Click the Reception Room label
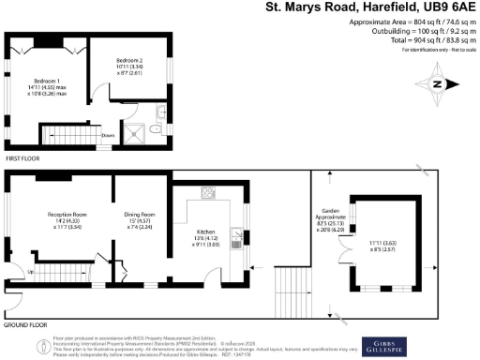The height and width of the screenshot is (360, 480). coord(66,216)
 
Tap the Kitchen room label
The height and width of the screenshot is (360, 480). coord(205,231)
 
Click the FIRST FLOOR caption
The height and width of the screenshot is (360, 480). coord(23,159)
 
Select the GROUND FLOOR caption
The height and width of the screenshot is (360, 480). coord(27,324)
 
